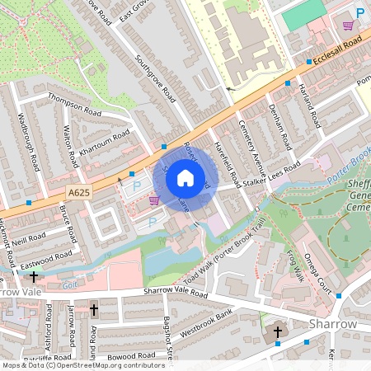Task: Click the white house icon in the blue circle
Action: tap(185, 177)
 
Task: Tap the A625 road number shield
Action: tap(78, 190)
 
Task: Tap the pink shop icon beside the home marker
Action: tap(153, 200)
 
